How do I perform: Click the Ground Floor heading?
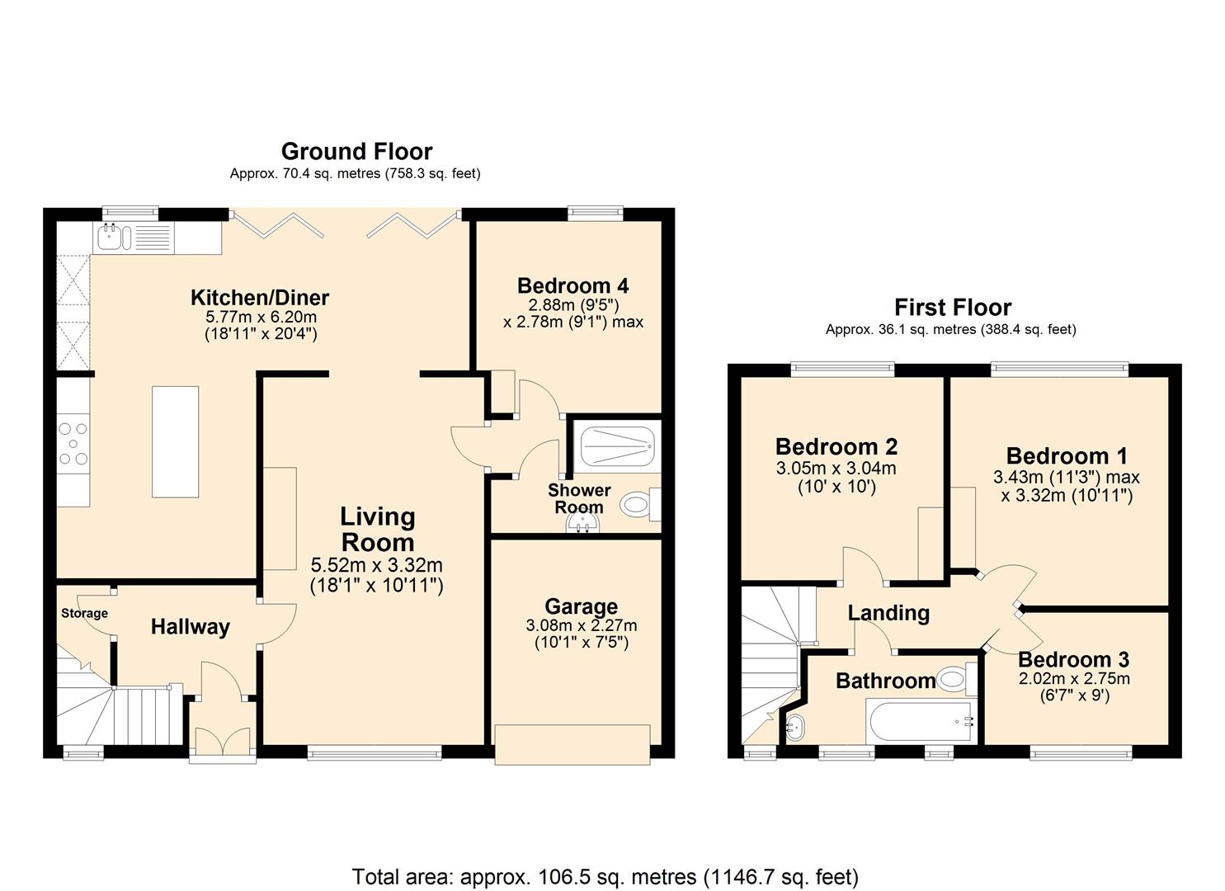(x=356, y=151)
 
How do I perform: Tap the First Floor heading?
(x=953, y=307)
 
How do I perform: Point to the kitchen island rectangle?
(x=175, y=441)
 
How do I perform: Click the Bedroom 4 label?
(x=572, y=285)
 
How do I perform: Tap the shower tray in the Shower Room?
(x=618, y=446)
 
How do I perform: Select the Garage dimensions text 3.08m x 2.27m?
(x=581, y=626)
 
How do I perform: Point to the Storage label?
(x=84, y=613)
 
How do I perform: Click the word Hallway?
(x=190, y=627)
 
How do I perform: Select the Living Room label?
(x=378, y=530)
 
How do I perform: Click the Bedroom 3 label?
(x=1073, y=659)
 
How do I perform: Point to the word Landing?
(x=888, y=613)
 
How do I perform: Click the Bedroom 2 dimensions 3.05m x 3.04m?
(x=836, y=469)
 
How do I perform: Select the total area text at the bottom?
(x=605, y=876)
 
